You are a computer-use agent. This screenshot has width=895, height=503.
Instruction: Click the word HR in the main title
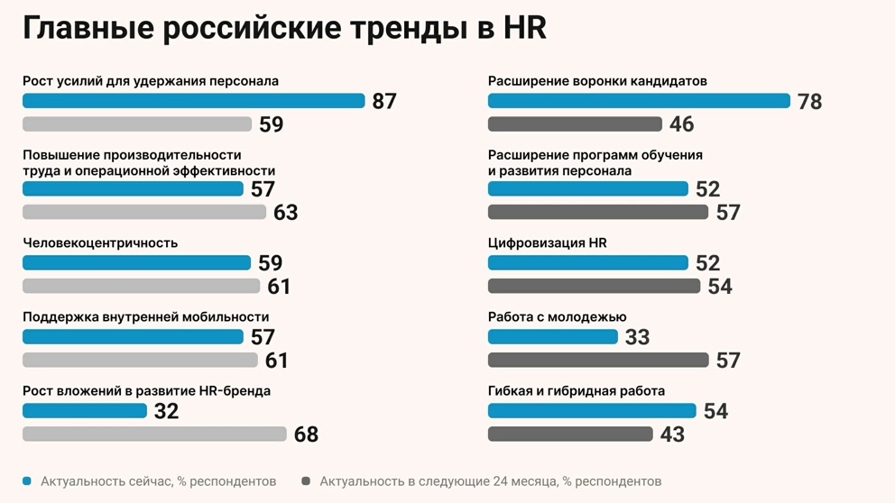(x=522, y=28)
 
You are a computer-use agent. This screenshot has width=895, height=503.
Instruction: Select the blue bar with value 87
(x=193, y=101)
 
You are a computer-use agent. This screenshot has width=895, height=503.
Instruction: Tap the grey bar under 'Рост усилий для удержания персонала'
(x=137, y=124)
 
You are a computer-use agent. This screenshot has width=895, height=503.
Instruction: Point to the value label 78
(x=809, y=102)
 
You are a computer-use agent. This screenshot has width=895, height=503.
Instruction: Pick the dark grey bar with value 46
(x=575, y=124)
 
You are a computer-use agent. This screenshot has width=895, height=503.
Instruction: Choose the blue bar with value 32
(x=85, y=411)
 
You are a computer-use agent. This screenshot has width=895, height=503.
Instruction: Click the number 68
(x=306, y=434)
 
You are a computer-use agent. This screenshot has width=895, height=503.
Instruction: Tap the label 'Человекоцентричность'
(x=100, y=242)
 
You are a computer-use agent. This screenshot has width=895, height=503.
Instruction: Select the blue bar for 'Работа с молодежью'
(x=552, y=337)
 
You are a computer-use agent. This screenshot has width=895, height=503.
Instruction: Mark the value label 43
(x=672, y=434)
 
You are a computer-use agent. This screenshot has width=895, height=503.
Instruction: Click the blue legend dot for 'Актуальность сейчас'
(x=27, y=481)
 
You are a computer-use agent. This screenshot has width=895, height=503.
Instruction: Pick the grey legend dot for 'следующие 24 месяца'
(x=306, y=481)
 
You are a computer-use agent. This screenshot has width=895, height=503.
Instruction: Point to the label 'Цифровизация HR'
(x=547, y=242)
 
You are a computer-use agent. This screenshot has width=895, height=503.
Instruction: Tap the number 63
(x=285, y=213)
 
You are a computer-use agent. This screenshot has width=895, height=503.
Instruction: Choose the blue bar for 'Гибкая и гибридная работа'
(x=592, y=411)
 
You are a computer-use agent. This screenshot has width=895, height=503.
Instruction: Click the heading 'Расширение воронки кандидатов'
(x=597, y=81)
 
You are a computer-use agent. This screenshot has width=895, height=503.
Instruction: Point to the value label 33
(x=637, y=337)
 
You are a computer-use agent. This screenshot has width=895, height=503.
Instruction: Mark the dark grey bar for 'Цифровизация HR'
(x=594, y=287)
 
